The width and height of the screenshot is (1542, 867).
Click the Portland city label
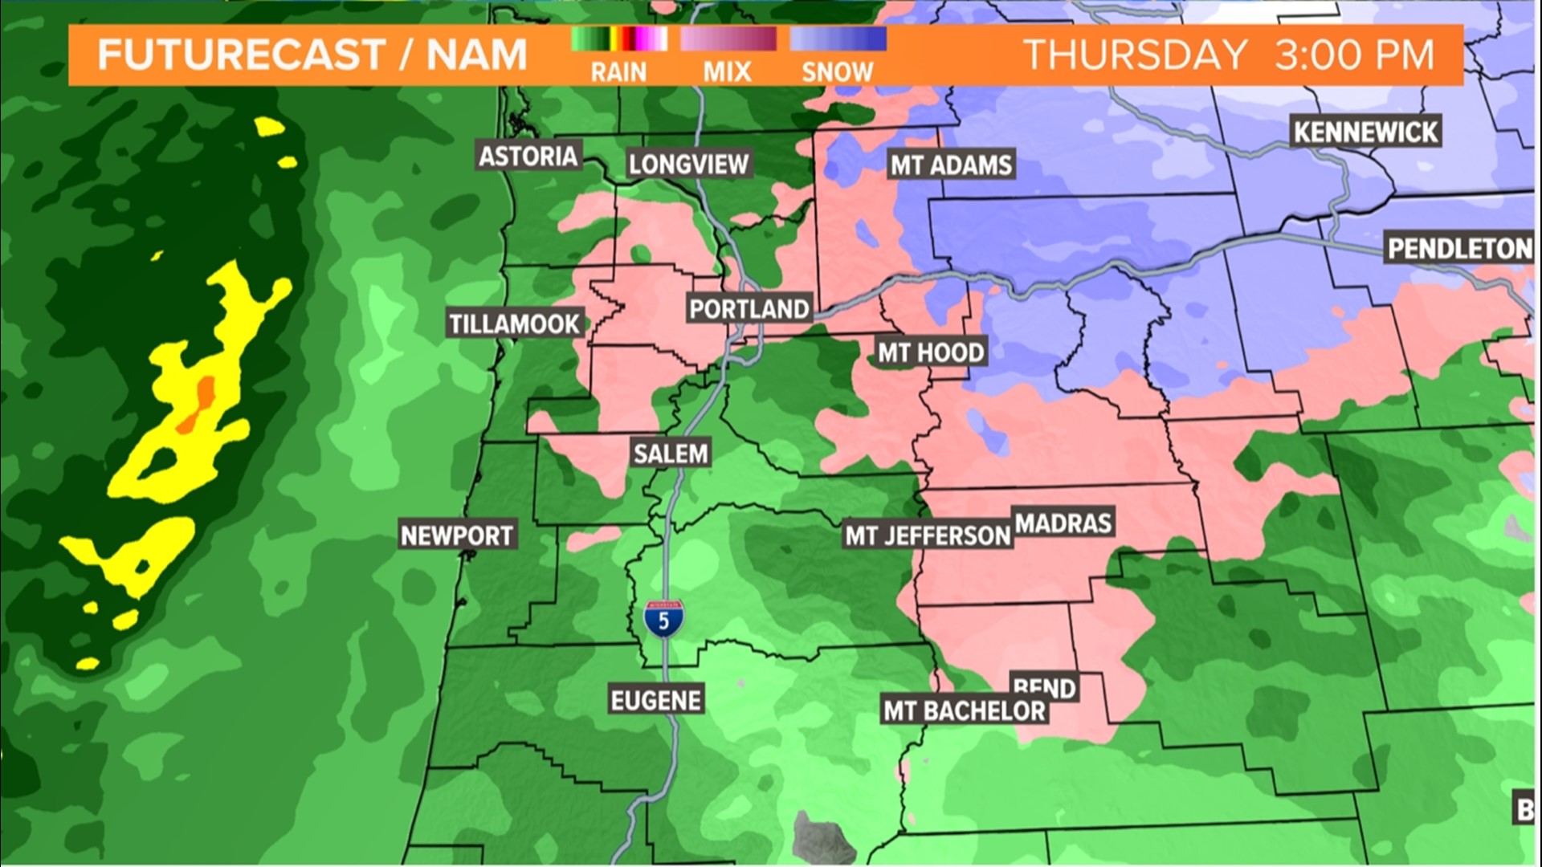point(749,309)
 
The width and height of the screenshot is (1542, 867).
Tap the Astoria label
point(528,156)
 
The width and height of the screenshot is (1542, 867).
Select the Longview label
point(688,165)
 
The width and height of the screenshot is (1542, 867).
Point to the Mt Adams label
point(951,165)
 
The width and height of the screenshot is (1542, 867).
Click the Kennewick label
point(1365,132)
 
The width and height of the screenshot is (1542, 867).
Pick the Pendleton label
point(1459,249)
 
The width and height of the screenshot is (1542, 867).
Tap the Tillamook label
point(514,324)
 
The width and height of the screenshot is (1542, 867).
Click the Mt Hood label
point(930,352)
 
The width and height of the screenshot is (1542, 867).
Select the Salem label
point(671,454)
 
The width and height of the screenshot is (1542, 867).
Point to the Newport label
point(456,535)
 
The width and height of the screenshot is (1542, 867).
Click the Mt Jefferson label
point(927,535)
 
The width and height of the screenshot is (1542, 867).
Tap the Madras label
point(1063,523)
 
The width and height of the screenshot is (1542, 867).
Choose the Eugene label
point(656,700)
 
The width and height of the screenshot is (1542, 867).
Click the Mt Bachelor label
point(964,710)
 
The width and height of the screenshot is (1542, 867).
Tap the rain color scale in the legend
point(618,39)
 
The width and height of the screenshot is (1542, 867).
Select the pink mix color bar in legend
point(728,39)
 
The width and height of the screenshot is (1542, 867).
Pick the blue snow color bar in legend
point(838,39)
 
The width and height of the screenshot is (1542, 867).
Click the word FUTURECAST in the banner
point(241,55)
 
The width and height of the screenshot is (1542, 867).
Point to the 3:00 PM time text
point(1354,55)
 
